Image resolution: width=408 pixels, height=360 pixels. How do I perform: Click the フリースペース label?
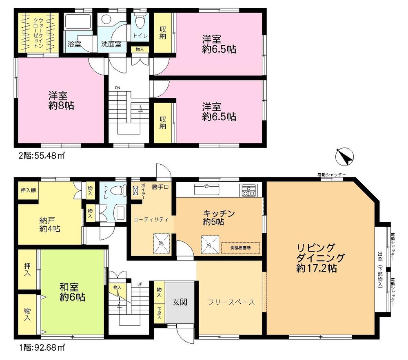point(231,302)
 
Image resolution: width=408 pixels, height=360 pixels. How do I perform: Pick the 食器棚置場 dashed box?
point(240,247)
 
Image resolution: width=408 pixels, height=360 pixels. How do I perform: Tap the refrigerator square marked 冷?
point(207,243)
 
